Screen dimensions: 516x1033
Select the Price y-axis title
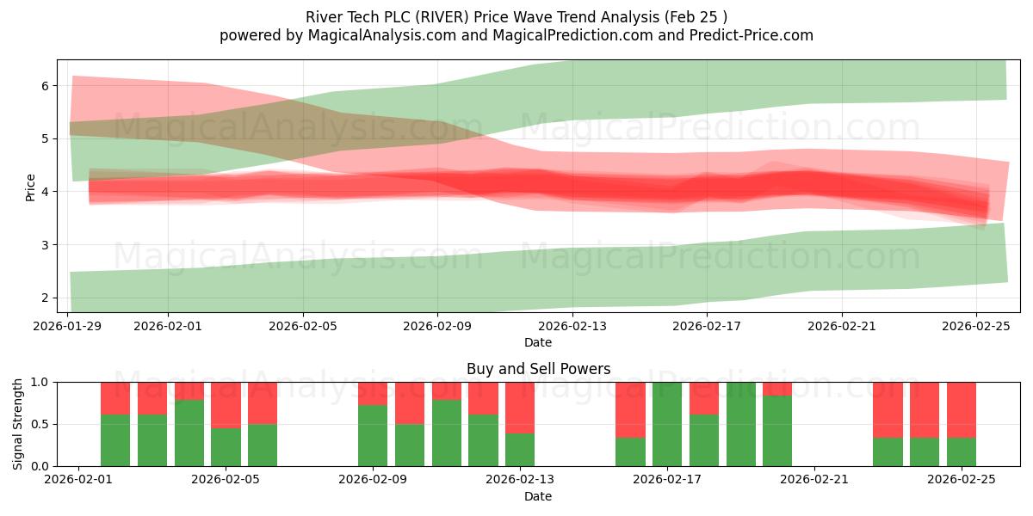31,187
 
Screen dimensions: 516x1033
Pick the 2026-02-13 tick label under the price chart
572,326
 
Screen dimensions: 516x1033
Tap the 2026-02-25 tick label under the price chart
975,326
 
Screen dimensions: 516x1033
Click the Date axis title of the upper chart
538,342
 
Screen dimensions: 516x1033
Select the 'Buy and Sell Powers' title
538,369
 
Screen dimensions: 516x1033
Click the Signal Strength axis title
18,423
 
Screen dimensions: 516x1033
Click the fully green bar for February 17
667,424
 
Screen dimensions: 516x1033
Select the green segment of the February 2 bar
115,440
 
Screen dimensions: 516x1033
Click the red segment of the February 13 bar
520,407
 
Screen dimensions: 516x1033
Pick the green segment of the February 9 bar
373,435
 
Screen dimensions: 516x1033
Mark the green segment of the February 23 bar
888,451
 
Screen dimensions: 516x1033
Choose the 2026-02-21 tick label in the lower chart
814,480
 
